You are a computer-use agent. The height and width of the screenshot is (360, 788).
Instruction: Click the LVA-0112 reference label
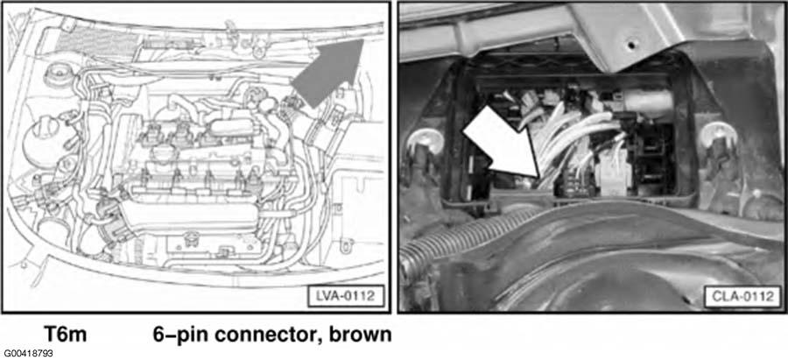[345, 296]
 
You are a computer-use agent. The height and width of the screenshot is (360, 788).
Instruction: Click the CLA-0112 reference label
[742, 296]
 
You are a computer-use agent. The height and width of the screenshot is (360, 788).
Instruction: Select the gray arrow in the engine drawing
[328, 73]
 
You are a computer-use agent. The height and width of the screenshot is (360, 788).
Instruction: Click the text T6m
[65, 334]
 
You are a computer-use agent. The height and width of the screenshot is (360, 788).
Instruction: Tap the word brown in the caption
[360, 334]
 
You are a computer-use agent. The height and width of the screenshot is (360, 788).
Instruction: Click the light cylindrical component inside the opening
[648, 103]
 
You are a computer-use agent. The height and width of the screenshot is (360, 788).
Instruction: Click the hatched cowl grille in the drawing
[95, 41]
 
